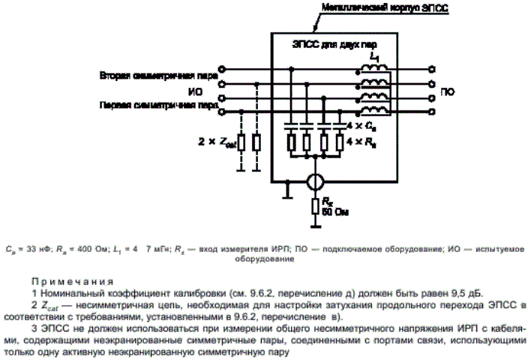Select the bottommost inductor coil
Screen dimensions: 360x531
(374, 111)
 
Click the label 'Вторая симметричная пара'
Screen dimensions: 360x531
(158, 76)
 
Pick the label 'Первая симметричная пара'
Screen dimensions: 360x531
(158, 106)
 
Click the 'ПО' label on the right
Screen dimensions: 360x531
(448, 91)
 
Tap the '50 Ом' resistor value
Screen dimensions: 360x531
(333, 211)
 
